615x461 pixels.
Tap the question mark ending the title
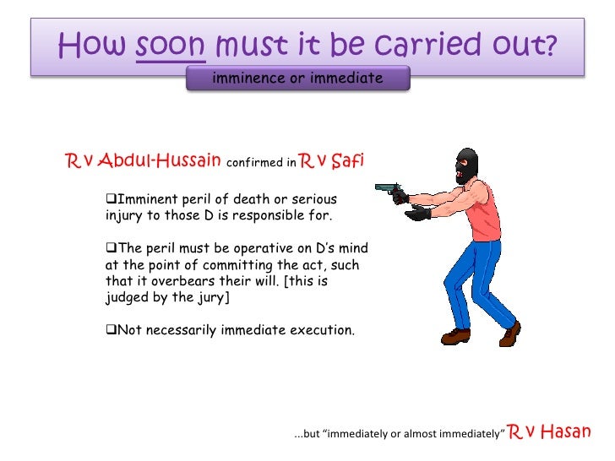pos(551,44)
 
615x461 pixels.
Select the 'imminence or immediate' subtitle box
pos(297,79)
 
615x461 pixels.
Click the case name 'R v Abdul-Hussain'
pos(144,160)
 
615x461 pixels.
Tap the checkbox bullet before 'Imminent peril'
pos(110,199)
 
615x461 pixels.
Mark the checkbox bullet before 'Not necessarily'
pos(110,329)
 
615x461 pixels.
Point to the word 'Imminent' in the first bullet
pos(144,199)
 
